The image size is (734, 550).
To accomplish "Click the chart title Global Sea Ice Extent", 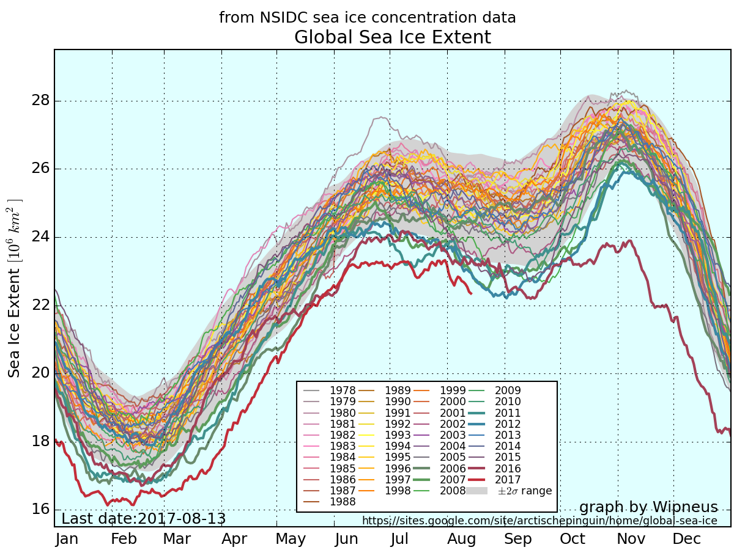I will coord(392,38).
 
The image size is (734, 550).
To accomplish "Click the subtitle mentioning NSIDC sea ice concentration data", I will coord(367,18).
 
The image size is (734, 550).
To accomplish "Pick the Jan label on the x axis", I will coord(67,539).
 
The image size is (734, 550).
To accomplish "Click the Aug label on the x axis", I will coord(462,539).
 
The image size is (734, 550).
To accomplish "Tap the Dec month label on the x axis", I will coord(686,539).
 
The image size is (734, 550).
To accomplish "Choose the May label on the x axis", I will coord(291,539).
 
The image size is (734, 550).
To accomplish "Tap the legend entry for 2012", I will coord(508,424).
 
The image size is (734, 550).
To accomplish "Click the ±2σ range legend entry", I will coord(524,491).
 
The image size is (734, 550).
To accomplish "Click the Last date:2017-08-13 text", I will coord(144,519).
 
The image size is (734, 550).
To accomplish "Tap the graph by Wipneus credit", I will coord(648,507).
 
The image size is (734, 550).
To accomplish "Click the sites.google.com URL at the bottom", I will coord(539,521).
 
